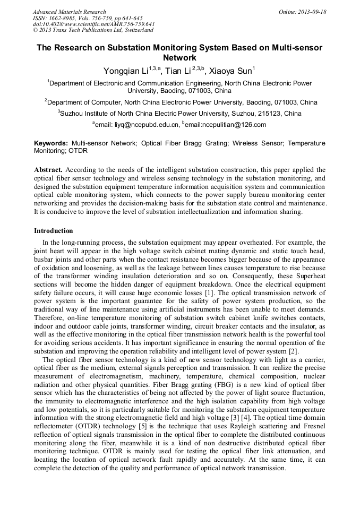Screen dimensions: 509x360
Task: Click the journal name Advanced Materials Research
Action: (x=70, y=12)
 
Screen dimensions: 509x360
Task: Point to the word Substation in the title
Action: (x=134, y=47)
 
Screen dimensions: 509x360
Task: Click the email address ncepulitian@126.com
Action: (x=234, y=125)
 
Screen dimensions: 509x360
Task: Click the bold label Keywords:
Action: (x=51, y=143)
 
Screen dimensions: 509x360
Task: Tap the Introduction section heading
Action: (x=54, y=231)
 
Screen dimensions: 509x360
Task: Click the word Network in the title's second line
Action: (x=179, y=57)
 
